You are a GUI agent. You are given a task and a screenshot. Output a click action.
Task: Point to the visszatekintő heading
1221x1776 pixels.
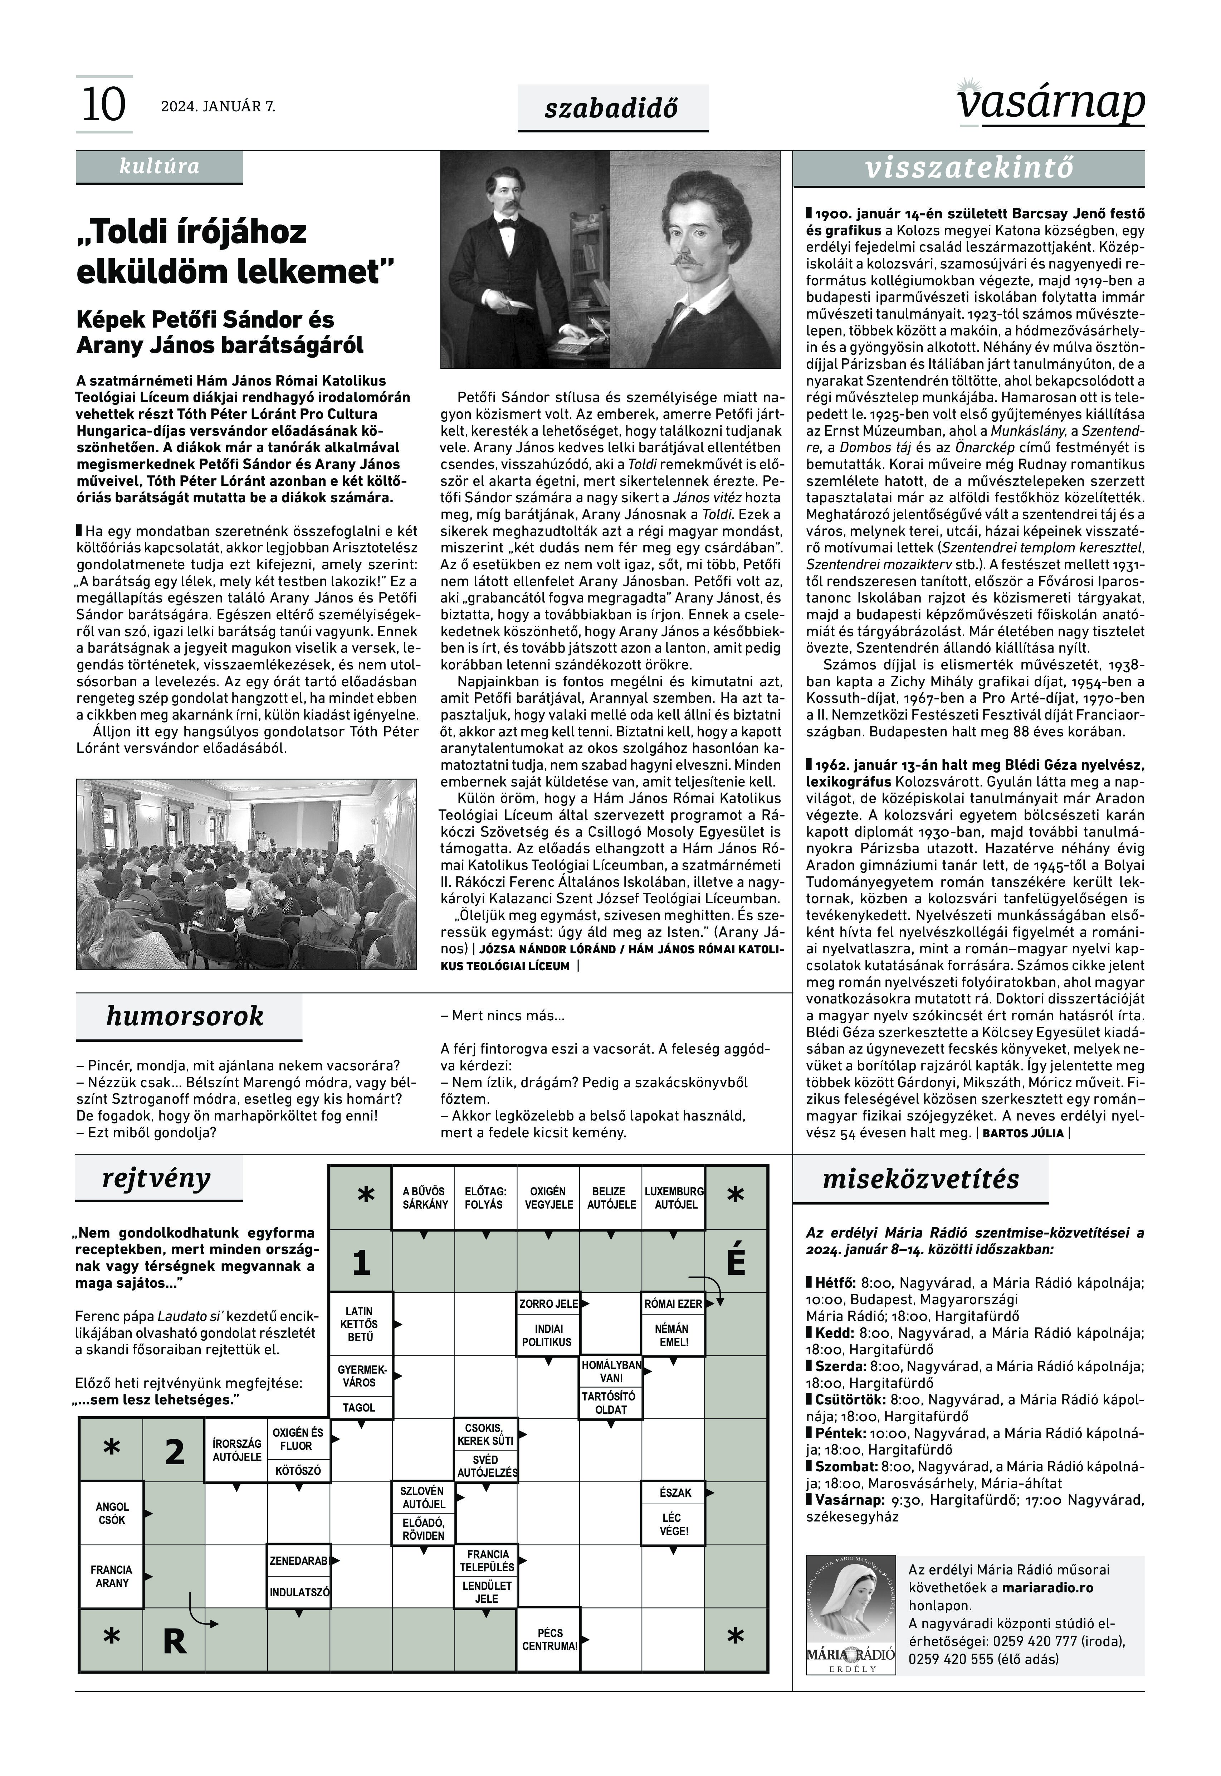pos(969,168)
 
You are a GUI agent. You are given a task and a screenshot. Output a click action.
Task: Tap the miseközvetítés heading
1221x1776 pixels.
pos(920,1179)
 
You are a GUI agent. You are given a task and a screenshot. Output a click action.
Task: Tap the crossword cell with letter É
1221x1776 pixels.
pos(735,1262)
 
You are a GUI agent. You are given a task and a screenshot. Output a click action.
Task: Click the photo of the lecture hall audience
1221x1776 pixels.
pos(246,874)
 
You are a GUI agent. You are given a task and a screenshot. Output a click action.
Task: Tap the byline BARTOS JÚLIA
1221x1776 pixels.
pos(1022,1133)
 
